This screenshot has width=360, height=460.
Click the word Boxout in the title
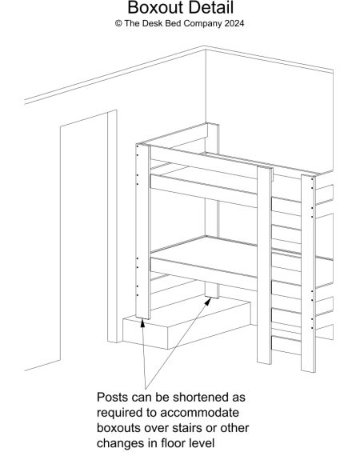click(154, 8)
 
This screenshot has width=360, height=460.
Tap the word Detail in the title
click(210, 8)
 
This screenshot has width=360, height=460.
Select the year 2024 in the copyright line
click(234, 23)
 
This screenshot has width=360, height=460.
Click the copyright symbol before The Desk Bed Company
click(118, 23)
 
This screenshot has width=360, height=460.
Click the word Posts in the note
click(112, 398)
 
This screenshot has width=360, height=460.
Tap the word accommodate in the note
click(199, 413)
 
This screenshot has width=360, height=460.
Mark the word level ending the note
click(202, 443)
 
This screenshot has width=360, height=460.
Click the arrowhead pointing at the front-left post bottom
click(142, 323)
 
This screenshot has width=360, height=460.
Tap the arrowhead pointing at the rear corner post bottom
click(208, 302)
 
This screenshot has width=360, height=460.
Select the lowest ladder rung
click(286, 346)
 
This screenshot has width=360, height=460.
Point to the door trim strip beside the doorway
click(112, 226)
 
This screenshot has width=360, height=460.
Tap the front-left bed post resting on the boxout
click(143, 231)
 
